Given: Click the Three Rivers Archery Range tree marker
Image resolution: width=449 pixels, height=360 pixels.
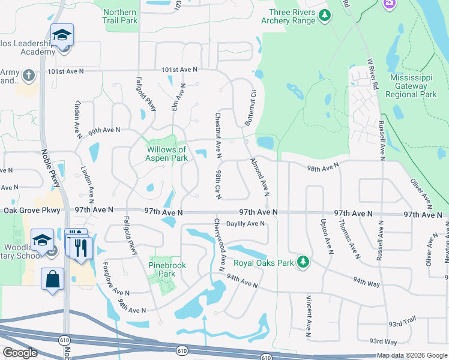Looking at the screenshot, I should tap(325, 15).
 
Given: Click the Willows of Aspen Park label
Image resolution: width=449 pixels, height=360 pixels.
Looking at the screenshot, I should tap(166, 154).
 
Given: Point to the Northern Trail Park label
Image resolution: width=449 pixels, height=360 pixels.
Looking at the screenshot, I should tap(120, 16).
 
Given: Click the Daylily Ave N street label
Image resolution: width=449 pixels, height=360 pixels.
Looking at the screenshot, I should tap(246, 224).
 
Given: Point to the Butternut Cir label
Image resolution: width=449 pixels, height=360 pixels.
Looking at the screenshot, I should tap(250, 107).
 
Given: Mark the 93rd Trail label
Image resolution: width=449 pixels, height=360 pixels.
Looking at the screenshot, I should tap(402, 323).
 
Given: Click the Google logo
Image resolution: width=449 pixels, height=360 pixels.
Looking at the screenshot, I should tap(20, 353).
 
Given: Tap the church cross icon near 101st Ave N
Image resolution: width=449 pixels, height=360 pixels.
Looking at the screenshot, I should tap(28, 76).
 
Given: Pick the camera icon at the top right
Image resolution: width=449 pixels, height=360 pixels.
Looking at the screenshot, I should tap(389, 3).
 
